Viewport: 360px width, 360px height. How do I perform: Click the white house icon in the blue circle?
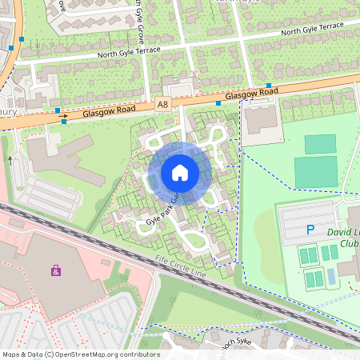[180, 172]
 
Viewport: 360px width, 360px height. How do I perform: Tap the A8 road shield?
[163, 105]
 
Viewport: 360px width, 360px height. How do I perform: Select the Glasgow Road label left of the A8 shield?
[110, 113]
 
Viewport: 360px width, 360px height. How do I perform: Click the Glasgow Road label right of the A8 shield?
[251, 95]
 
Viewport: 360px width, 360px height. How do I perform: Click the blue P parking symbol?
[310, 230]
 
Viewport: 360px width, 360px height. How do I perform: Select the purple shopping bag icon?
[55, 270]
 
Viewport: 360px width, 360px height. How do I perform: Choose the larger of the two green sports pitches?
[315, 172]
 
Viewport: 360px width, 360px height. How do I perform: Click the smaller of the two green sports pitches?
[320, 144]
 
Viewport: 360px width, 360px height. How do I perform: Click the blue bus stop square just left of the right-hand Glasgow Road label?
[218, 102]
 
